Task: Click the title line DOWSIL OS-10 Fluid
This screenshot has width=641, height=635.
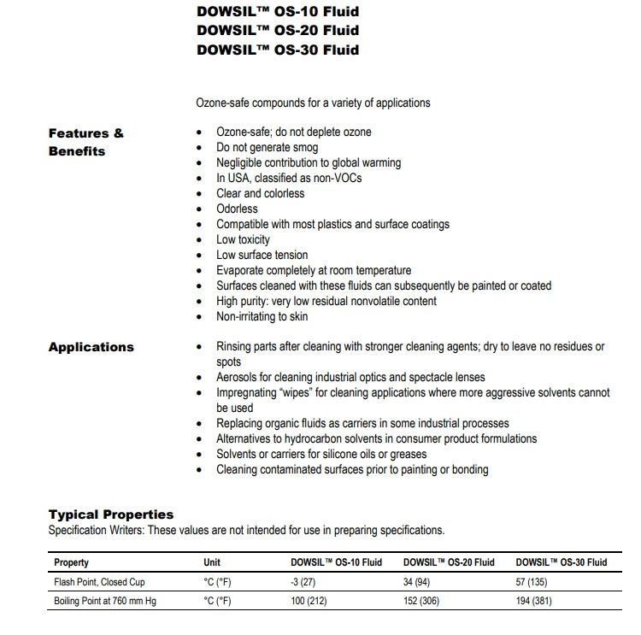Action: point(277,12)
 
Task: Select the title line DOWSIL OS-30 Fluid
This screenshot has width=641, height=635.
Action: point(277,50)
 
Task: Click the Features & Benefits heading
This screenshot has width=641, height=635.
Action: point(86,142)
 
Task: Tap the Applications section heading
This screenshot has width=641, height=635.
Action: point(91,347)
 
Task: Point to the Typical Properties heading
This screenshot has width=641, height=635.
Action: point(110,514)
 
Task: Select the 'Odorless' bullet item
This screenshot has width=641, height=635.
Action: point(237,209)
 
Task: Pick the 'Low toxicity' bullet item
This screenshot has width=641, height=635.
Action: point(243,239)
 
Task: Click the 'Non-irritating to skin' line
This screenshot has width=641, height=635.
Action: point(262,316)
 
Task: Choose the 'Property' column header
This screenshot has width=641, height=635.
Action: point(71,562)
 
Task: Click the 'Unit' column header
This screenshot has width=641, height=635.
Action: point(212,562)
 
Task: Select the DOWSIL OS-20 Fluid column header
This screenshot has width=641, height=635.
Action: point(449,562)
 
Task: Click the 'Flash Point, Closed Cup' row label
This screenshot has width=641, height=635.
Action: point(100,582)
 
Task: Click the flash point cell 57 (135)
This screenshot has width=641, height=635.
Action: point(533,582)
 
